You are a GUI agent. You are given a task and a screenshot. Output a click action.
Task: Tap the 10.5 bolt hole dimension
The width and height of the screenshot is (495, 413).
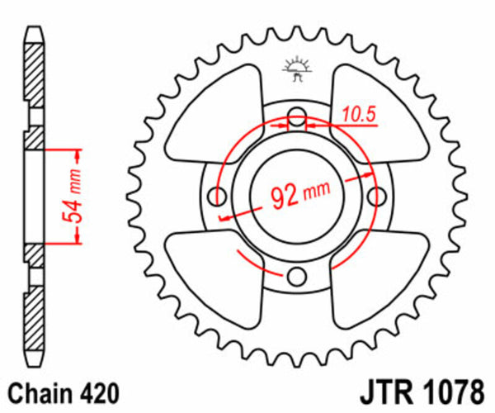tap(358, 114)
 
